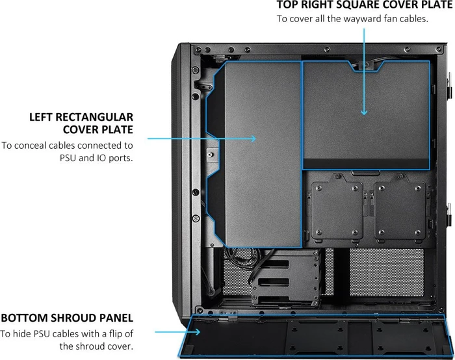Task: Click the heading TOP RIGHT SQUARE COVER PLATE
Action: click(x=365, y=5)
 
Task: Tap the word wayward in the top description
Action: click(x=359, y=19)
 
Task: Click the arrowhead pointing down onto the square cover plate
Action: click(x=364, y=112)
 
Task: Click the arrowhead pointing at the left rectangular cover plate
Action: click(x=253, y=138)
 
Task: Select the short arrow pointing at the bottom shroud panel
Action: click(x=177, y=332)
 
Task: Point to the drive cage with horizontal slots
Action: click(x=286, y=279)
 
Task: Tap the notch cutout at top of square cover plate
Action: click(x=365, y=67)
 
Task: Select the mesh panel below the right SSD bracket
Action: click(x=387, y=272)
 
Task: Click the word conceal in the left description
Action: click(x=32, y=146)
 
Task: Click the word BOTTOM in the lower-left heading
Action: click(x=24, y=318)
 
